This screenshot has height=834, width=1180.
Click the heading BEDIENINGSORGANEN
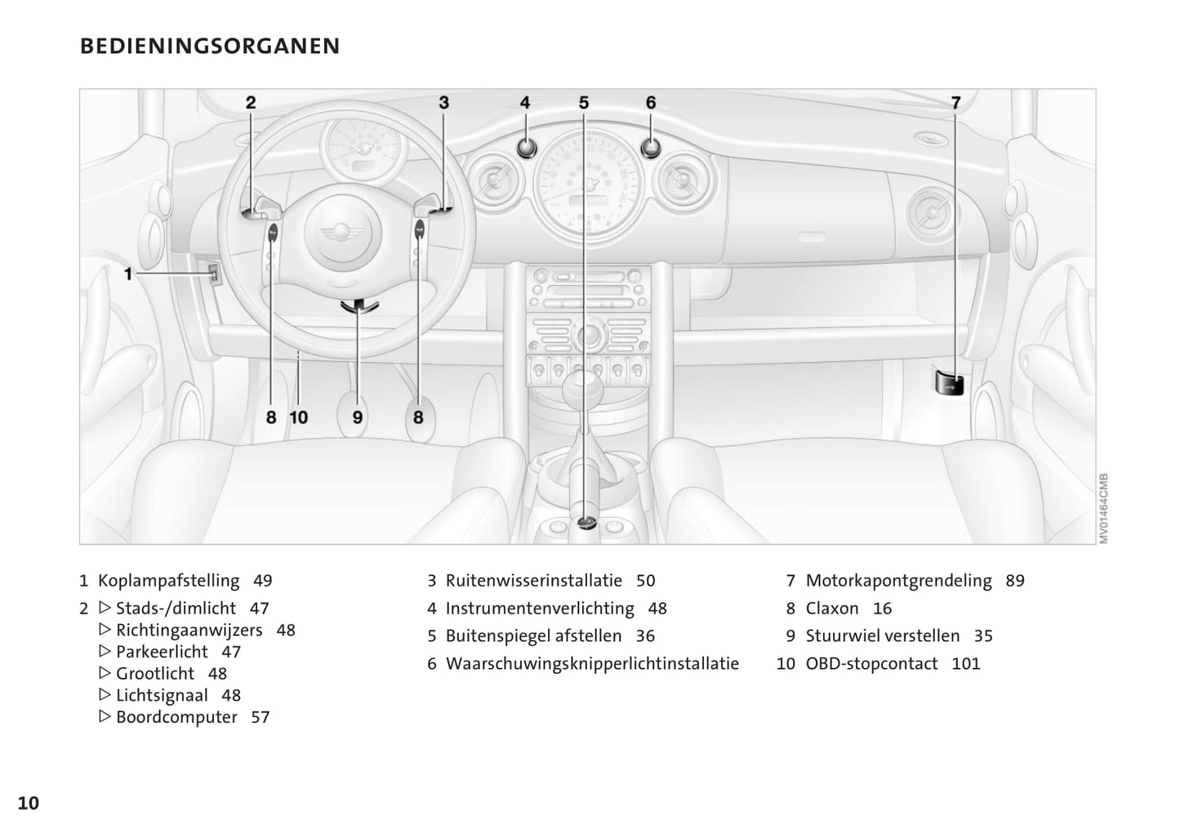click(210, 47)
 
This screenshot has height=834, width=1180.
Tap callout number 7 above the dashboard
click(955, 102)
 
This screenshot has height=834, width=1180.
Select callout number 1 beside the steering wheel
click(128, 274)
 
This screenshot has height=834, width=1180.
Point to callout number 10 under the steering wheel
click(299, 417)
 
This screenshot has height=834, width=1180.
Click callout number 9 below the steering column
click(358, 417)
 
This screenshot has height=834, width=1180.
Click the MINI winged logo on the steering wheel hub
click(342, 231)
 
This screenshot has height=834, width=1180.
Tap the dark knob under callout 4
click(526, 148)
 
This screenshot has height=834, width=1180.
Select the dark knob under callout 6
click(651, 148)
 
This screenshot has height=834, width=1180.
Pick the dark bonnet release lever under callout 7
click(949, 383)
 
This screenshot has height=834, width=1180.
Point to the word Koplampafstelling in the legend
click(168, 581)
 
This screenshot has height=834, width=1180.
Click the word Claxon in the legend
click(832, 609)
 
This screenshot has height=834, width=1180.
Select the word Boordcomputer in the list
click(176, 717)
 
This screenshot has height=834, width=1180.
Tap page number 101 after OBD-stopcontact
click(966, 663)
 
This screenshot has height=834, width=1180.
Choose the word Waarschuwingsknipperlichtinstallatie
click(592, 663)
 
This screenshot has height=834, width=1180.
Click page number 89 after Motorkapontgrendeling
click(1015, 581)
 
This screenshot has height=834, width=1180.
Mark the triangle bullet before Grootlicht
click(105, 673)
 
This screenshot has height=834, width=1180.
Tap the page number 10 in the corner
click(29, 803)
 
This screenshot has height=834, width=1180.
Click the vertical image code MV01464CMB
click(1103, 508)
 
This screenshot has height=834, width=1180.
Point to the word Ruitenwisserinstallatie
click(533, 581)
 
